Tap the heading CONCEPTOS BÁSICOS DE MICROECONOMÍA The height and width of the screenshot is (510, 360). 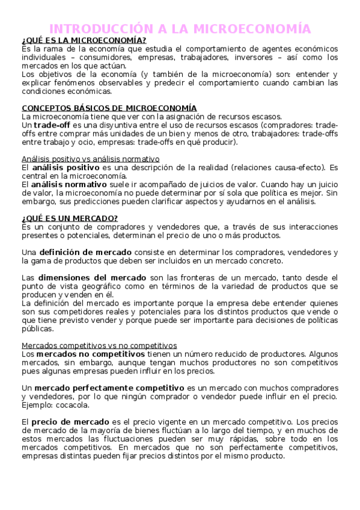[109, 108]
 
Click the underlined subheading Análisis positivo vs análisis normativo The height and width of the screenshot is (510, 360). [90, 159]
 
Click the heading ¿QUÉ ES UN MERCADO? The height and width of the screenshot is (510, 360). [70, 218]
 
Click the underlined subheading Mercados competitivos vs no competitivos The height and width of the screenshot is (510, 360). [99, 345]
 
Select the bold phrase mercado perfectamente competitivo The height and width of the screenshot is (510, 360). [114, 388]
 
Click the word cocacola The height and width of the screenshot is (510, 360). [73, 405]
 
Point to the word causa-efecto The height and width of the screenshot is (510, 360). [286, 167]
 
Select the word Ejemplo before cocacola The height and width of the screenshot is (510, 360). [37, 405]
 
